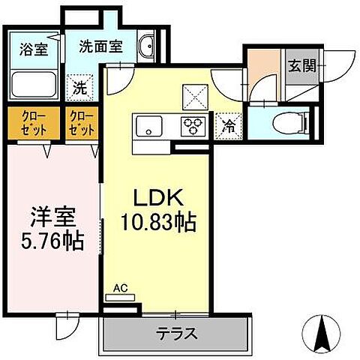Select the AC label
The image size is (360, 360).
click(x=120, y=287)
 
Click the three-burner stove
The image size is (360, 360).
click(x=192, y=126)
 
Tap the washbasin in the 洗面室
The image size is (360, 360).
click(x=148, y=45)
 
